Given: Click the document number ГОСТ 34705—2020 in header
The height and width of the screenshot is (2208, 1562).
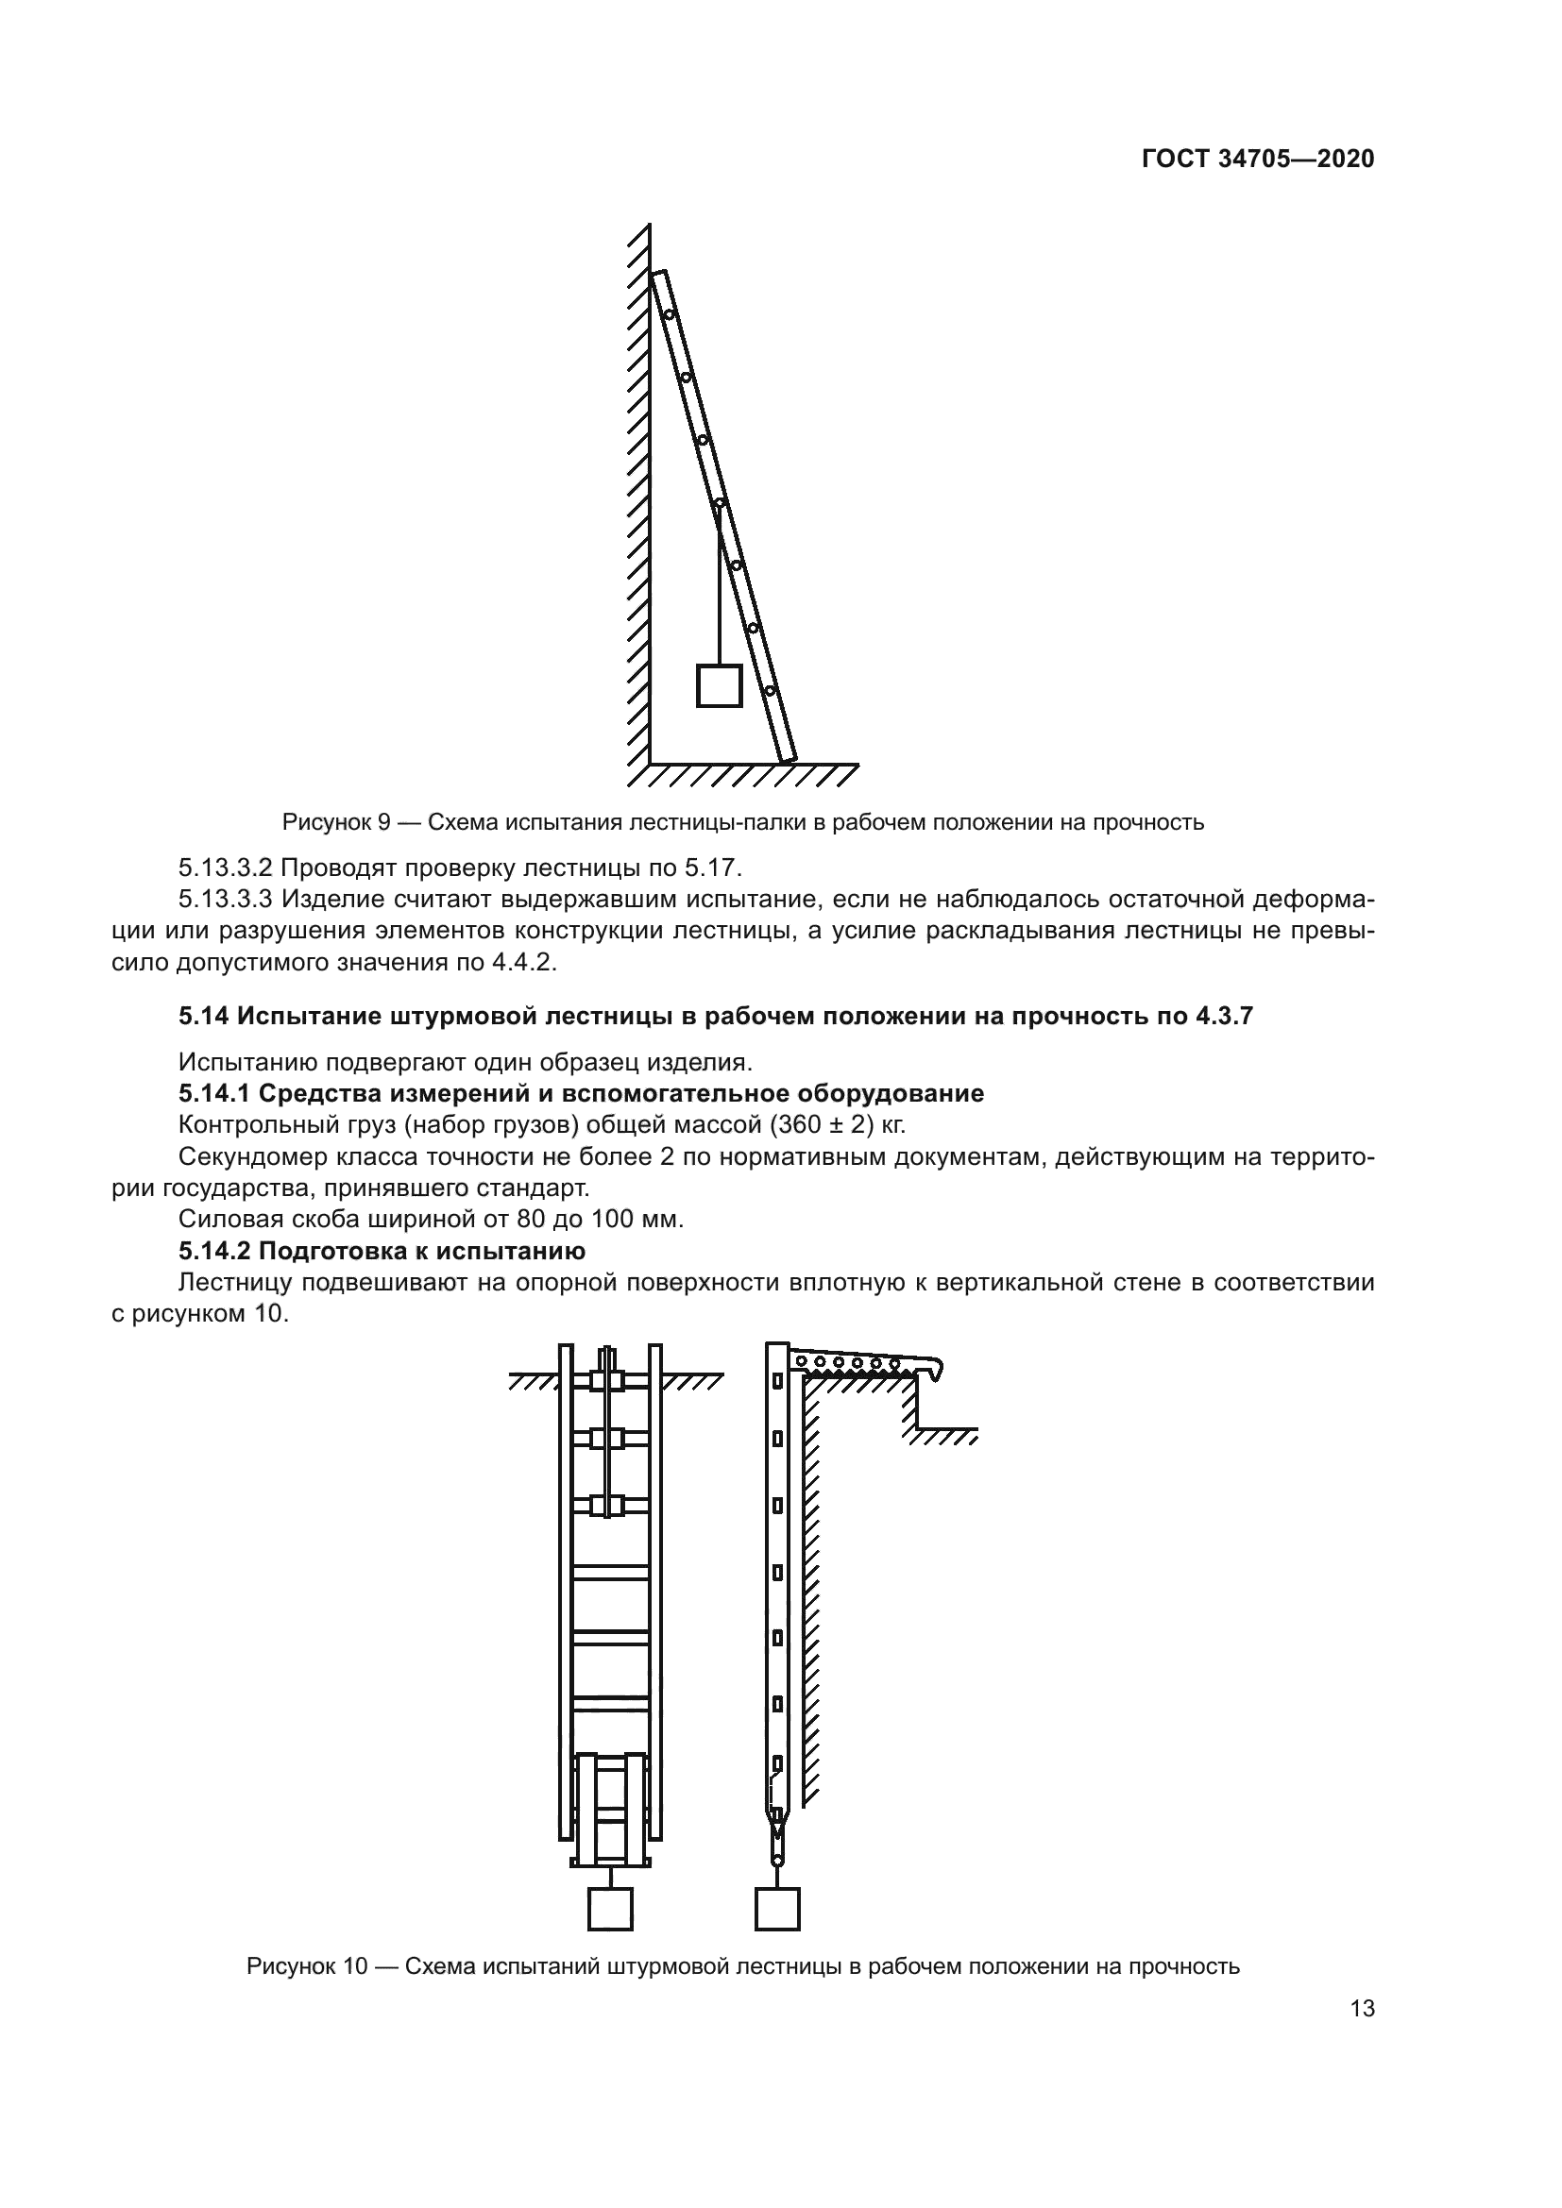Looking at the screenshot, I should coord(1257,160).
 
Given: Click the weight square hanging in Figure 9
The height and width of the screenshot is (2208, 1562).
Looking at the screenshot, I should coord(719,685).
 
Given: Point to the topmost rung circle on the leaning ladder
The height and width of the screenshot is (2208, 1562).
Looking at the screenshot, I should coord(669,314).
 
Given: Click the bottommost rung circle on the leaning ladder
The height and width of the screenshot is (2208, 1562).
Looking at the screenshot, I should coord(770,690).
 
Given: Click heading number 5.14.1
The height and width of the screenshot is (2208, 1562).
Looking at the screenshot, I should coord(215,1093).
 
